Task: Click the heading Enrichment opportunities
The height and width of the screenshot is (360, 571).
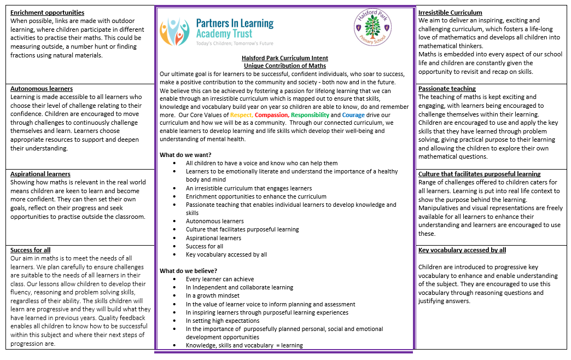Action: (47, 13)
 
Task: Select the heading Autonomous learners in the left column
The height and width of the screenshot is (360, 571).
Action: (42, 89)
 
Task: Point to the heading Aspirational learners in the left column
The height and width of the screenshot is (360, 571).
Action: (40, 174)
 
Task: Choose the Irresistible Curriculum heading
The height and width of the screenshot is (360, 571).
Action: (450, 13)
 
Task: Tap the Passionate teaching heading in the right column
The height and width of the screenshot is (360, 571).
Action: (447, 89)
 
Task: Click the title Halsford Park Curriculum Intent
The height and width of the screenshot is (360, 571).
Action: (285, 58)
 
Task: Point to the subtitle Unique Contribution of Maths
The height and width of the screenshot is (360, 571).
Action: (285, 66)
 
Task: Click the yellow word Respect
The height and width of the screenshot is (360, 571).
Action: (241, 115)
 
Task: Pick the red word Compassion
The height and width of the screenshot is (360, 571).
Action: (271, 115)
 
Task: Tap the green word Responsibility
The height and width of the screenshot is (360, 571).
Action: (310, 115)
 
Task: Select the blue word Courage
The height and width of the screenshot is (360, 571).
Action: (353, 115)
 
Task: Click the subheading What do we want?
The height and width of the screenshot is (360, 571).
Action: (185, 155)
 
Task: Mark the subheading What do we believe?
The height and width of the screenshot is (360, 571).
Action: (188, 271)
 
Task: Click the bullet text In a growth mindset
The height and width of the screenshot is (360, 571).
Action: (213, 295)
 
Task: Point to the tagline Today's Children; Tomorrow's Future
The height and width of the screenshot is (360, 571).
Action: (235, 43)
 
